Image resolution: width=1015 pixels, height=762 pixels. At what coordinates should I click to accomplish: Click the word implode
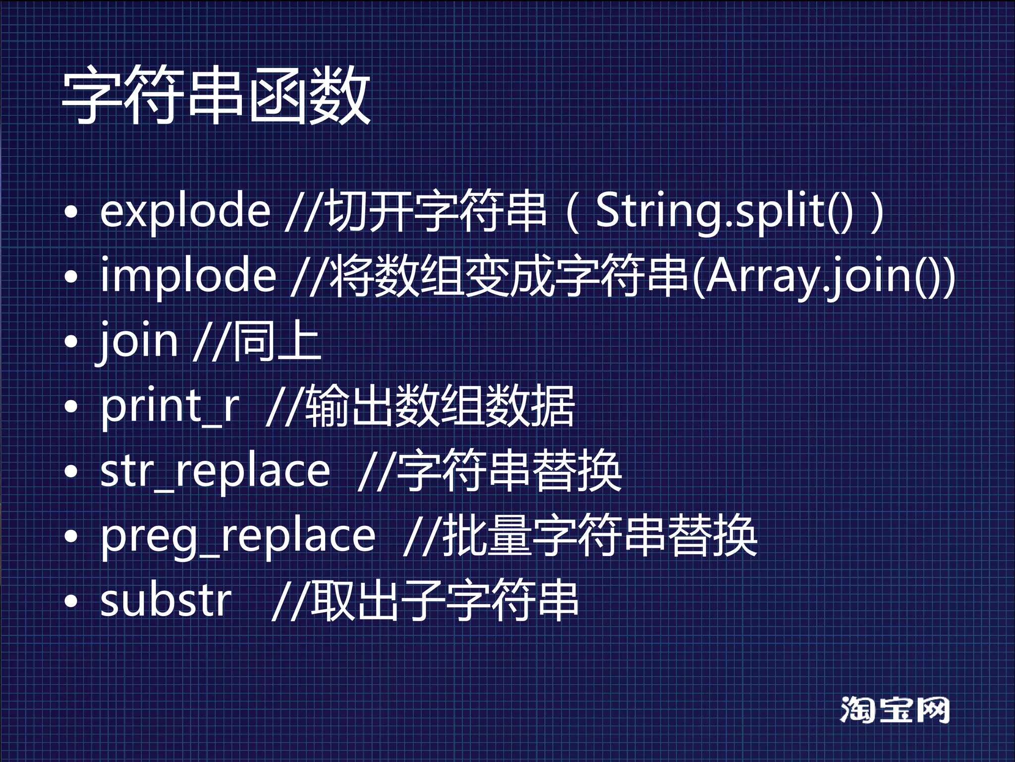point(188,276)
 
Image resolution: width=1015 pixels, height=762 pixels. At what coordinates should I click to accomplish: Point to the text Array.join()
point(823,276)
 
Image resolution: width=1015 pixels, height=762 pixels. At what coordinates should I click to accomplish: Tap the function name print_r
point(170,407)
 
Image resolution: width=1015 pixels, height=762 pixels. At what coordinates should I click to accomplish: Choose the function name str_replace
point(215,471)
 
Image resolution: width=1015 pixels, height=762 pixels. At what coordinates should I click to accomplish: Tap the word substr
point(166,601)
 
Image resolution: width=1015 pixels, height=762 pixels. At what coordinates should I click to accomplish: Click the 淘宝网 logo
point(895,710)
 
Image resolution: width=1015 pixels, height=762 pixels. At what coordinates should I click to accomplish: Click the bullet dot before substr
point(71,601)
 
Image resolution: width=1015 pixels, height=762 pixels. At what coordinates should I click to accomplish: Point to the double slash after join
point(211,341)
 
